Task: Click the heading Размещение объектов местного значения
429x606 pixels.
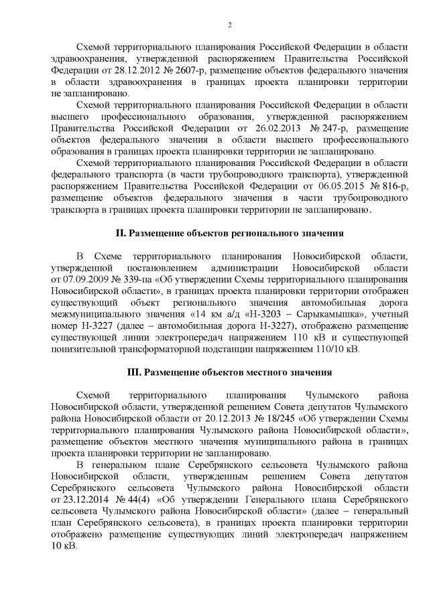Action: (235, 372)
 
